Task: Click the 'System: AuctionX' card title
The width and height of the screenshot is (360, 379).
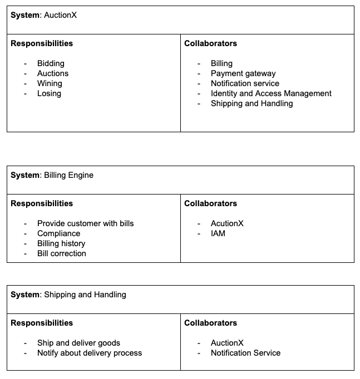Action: [x=43, y=15]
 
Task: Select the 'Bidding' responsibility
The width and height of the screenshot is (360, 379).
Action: [x=51, y=63]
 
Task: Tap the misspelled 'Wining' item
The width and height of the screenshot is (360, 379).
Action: [x=50, y=83]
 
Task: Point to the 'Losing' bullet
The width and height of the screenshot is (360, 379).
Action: [x=49, y=93]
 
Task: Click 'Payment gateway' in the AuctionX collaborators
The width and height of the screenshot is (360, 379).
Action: [x=243, y=73]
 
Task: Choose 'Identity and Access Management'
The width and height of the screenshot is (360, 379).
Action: [x=271, y=93]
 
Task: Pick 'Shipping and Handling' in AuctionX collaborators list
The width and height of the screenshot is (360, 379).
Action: [x=251, y=103]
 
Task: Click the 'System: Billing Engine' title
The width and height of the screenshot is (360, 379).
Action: [x=52, y=175]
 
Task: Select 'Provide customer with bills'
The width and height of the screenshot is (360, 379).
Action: [x=85, y=223]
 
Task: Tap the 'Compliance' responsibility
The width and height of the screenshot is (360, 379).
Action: [x=58, y=233]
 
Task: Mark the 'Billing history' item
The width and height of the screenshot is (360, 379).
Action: [x=61, y=243]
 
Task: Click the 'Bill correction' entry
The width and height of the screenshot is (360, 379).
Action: [x=61, y=253]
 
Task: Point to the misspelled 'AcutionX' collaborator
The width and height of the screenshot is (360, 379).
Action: [x=227, y=223]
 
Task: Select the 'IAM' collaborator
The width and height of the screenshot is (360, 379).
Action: [x=218, y=233]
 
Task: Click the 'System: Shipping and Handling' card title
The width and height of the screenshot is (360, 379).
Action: [x=68, y=295]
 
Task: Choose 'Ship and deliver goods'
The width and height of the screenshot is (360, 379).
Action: [x=78, y=343]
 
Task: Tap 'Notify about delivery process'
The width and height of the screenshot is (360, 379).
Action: [x=89, y=353]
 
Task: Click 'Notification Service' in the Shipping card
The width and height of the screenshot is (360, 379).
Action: [x=245, y=353]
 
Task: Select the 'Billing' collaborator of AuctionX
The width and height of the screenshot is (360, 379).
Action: [x=221, y=63]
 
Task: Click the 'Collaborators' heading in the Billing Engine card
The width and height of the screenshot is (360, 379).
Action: [x=210, y=203]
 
